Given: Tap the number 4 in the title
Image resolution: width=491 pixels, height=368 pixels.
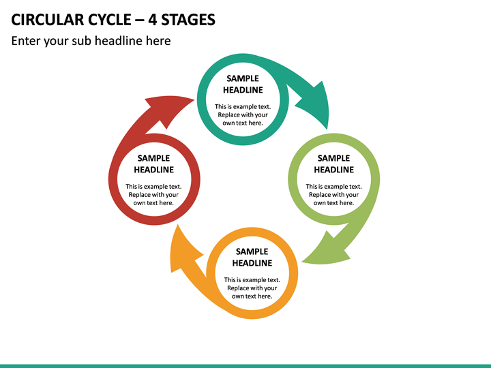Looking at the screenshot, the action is tap(152, 19).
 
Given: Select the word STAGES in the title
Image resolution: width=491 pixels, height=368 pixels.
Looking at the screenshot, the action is tap(188, 19).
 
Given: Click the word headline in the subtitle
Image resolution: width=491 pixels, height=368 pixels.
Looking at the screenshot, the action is tap(119, 41).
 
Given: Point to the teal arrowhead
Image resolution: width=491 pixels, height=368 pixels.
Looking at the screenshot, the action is tap(314, 105).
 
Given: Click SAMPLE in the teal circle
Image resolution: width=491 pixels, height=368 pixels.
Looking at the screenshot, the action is tap(243, 78).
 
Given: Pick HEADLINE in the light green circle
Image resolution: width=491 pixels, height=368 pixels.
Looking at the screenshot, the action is tap(333, 170).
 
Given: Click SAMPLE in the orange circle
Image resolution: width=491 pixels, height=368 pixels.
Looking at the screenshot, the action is tap(252, 251).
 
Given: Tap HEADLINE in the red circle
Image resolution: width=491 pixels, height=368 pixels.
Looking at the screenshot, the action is tap(153, 170).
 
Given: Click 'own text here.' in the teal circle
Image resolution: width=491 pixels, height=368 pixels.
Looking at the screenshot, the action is tap(243, 123).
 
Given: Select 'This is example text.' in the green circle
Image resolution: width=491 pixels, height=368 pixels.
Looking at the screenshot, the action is tap(333, 187).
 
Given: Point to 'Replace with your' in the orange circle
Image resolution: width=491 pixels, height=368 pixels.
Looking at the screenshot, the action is tap(252, 288).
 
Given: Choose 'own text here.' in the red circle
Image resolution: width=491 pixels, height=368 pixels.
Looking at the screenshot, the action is tap(153, 203).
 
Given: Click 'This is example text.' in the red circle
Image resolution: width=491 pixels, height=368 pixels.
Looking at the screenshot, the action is tap(153, 187).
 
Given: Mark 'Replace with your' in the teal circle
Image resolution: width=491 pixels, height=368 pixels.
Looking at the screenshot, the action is tap(243, 115).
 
